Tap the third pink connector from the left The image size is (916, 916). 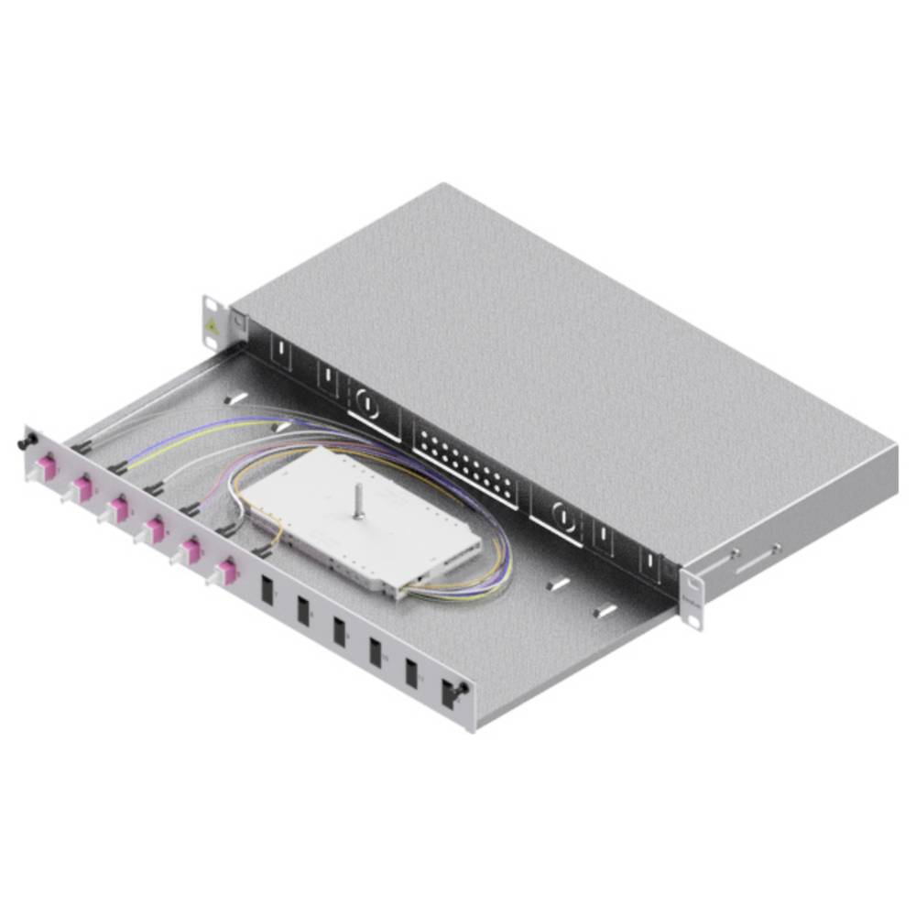[x=118, y=507]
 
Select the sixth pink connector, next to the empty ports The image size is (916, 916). [x=224, y=573]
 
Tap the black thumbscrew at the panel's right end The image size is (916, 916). [x=464, y=688]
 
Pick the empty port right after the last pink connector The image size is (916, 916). [x=267, y=588]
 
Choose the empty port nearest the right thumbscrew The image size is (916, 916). [x=412, y=671]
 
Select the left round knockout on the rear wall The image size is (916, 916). [x=365, y=401]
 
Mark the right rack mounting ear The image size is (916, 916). [x=693, y=599]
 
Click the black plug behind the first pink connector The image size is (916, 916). [x=84, y=446]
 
